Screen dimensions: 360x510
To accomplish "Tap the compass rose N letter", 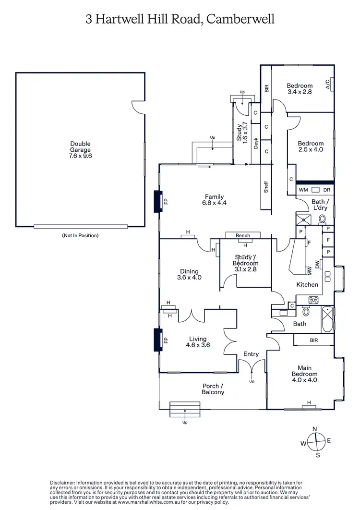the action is click(315, 429).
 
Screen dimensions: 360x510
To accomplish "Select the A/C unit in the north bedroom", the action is click(329, 85).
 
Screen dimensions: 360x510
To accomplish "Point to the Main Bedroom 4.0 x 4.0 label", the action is click(304, 374).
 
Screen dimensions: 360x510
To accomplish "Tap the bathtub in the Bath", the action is click(328, 318).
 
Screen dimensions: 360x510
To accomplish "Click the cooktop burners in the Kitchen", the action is click(313, 300).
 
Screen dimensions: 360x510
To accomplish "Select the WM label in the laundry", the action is click(303, 190).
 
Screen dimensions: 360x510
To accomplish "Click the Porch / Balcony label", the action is click(213, 389).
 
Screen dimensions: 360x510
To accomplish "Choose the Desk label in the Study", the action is click(256, 144).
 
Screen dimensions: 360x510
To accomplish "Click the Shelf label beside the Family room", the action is click(265, 187).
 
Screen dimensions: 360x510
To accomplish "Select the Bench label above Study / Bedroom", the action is click(243, 236).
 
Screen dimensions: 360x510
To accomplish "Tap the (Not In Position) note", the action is click(80, 235).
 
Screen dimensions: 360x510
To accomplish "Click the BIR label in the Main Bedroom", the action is click(314, 340).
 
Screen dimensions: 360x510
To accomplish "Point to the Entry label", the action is click(251, 354).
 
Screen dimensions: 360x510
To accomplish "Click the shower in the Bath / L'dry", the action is click(303, 219).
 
